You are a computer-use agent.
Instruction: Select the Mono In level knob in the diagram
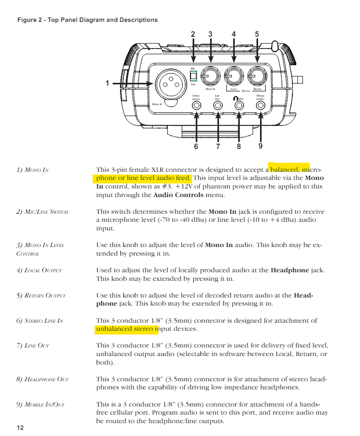coord(210,75)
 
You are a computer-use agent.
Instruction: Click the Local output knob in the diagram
coord(234,75)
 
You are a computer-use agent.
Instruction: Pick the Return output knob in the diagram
coord(258,75)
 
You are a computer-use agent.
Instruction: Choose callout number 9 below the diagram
coord(260,146)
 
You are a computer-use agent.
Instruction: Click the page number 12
coord(20,427)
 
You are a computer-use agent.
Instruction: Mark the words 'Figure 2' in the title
coord(29,20)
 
